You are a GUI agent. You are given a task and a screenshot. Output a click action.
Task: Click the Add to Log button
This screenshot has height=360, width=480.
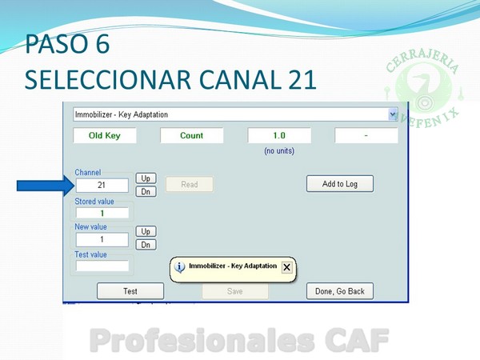click(x=340, y=184)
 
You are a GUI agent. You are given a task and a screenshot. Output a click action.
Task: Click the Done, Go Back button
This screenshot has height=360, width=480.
click(x=340, y=291)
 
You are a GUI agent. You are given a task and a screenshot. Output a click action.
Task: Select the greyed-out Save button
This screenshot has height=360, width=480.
click(x=234, y=291)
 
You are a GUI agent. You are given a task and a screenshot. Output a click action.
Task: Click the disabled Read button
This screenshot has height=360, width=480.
click(x=189, y=184)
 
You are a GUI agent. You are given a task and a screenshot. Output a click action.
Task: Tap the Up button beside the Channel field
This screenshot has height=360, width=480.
click(x=146, y=178)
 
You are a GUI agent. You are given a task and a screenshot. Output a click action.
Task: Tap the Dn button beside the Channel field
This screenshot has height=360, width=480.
click(x=146, y=192)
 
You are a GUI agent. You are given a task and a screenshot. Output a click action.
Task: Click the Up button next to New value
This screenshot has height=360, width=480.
click(x=146, y=231)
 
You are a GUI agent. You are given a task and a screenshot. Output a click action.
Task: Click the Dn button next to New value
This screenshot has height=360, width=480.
click(x=146, y=245)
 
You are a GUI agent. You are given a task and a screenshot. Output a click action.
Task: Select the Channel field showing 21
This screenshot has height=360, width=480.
click(x=102, y=186)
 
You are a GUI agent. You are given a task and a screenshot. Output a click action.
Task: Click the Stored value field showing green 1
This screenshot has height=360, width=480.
click(x=102, y=213)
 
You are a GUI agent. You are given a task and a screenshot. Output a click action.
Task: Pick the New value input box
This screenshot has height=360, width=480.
click(x=102, y=239)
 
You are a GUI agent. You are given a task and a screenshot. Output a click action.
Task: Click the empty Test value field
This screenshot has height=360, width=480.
click(x=102, y=266)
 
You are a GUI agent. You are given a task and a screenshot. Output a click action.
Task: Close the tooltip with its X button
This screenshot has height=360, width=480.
click(x=287, y=267)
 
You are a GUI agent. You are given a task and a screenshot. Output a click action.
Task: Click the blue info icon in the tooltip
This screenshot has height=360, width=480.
click(x=179, y=267)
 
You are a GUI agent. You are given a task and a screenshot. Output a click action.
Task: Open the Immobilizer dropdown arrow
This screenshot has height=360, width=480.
click(x=393, y=114)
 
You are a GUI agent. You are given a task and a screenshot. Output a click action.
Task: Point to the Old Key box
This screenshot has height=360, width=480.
click(x=104, y=135)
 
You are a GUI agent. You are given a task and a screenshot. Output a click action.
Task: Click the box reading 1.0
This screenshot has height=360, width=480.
click(x=279, y=135)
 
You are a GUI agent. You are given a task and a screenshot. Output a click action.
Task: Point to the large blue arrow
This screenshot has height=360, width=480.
click(x=46, y=186)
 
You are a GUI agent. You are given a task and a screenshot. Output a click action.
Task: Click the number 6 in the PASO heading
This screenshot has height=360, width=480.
click(x=102, y=44)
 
